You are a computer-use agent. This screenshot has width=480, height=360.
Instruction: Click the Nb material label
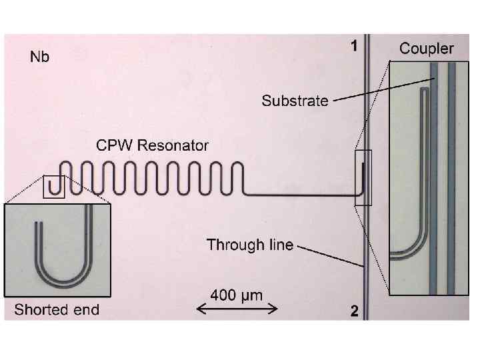40,57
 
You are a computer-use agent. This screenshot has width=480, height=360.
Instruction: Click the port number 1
355,46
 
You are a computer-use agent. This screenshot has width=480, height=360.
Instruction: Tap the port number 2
355,311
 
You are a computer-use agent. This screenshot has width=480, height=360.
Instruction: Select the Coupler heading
426,49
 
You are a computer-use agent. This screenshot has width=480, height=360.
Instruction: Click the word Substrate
295,101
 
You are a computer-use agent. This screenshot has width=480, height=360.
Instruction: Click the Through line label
250,245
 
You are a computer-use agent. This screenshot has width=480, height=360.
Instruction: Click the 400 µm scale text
237,294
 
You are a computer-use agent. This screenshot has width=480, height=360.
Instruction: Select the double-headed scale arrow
237,307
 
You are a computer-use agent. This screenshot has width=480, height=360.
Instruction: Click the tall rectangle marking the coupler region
363,178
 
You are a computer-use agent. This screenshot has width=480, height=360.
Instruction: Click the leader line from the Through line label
331,257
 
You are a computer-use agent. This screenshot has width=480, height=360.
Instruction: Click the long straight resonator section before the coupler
300,194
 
